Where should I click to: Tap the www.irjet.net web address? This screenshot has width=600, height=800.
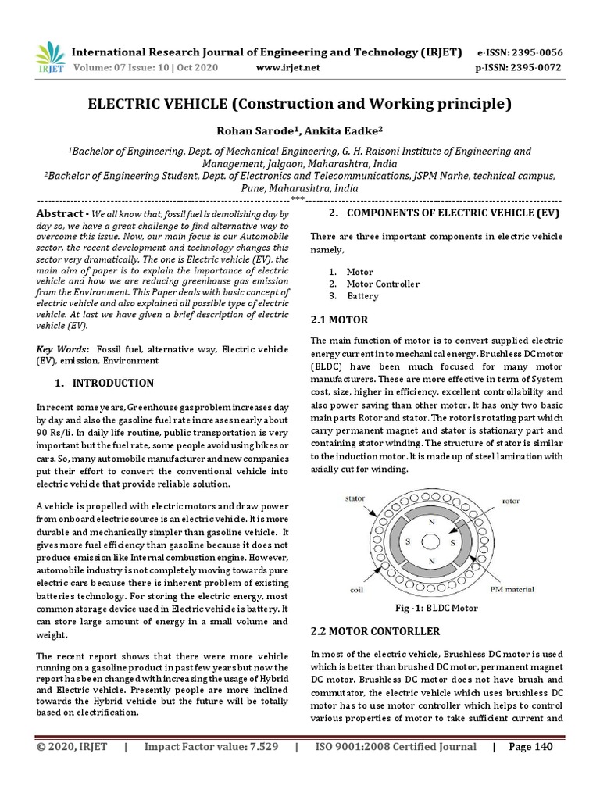pos(288,68)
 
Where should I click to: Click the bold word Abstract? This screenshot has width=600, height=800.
pos(60,213)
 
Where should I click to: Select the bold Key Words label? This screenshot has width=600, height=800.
pos(63,348)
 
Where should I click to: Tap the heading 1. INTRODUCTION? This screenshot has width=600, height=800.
pos(105,384)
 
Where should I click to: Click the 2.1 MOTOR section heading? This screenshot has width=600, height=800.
pos(339,320)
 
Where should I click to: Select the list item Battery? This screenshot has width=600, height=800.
pos(362,296)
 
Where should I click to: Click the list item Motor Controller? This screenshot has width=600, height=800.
pos(383,284)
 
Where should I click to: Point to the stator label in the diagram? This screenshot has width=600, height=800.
pos(356,498)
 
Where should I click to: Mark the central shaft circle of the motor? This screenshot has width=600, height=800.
pos(431,538)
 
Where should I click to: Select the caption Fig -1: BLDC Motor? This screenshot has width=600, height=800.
pos(435,608)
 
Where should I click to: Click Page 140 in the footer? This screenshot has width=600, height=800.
pos(530,747)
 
